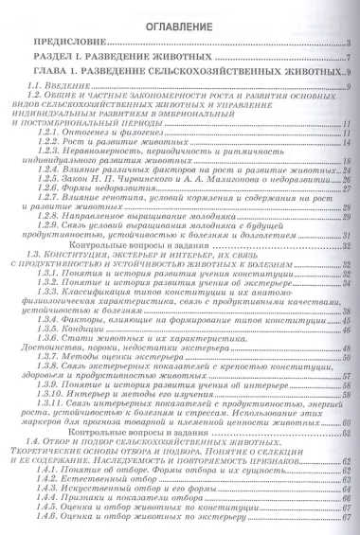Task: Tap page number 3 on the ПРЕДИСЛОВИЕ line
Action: coord(349,44)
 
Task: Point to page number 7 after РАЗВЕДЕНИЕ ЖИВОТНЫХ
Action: coord(349,59)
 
